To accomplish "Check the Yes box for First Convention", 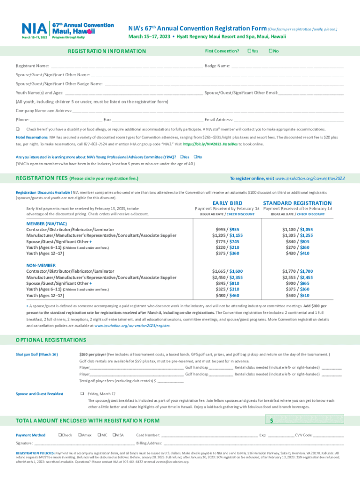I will click(x=249, y=51).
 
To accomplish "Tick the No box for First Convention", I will click(x=271, y=51).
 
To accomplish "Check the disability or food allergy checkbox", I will click(x=17, y=129).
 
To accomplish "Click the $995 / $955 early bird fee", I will click(x=227, y=229).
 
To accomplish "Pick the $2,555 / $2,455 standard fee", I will click(x=297, y=277).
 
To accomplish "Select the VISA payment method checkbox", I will click(x=114, y=435).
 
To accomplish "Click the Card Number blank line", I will click(x=210, y=436).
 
